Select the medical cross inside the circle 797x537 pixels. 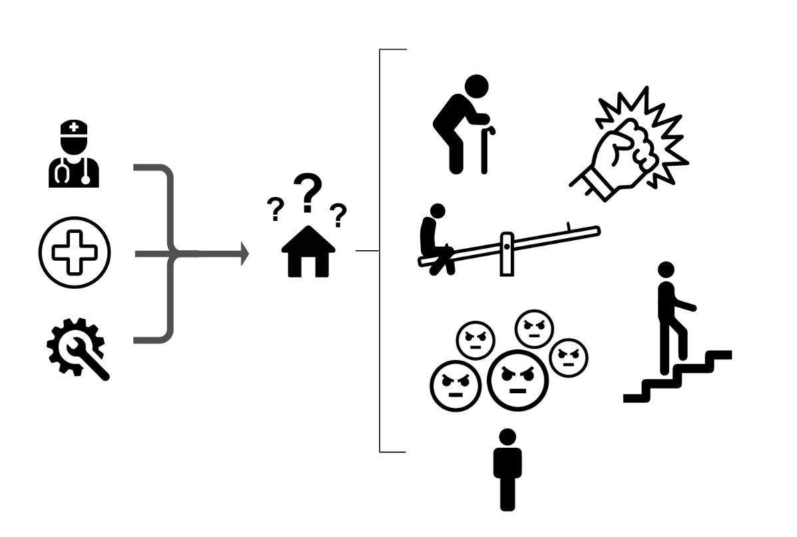75,253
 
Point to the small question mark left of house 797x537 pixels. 274,210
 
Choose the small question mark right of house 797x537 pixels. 339,215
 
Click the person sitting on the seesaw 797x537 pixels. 436,240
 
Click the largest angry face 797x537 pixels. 517,377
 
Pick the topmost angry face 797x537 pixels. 535,327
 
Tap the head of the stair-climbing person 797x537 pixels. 666,269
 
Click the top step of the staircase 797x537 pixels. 718,355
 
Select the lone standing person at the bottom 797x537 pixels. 507,469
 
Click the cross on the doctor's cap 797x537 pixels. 74,126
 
